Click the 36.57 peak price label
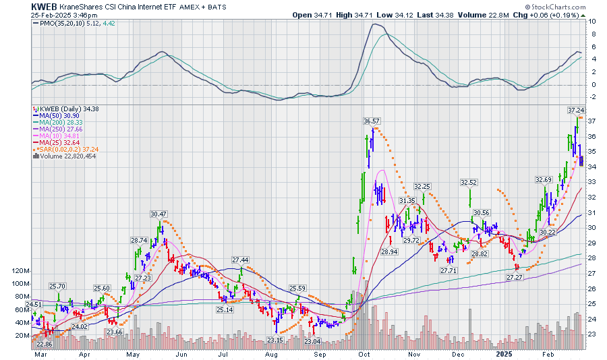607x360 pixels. pyautogui.click(x=372, y=121)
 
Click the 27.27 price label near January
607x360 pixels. pyautogui.click(x=515, y=277)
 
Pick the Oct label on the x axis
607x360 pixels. pyautogui.click(x=364, y=353)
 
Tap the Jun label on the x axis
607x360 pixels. pyautogui.click(x=181, y=353)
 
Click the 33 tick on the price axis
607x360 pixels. pyautogui.click(x=591, y=181)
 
